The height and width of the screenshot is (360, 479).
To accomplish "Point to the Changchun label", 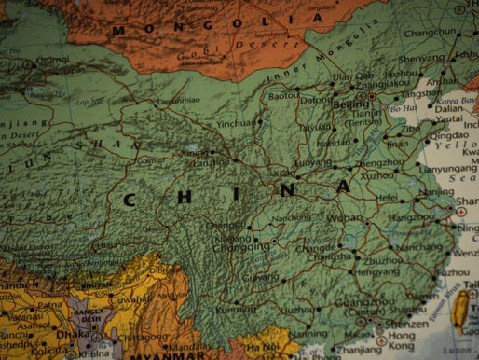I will click(x=431, y=32).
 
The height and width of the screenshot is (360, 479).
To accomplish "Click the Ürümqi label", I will click(x=52, y=60).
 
